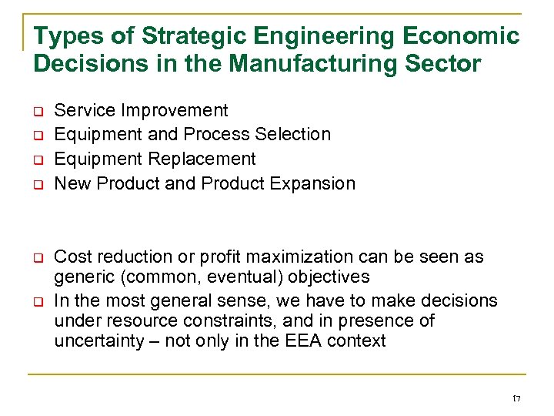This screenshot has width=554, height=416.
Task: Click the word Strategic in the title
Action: (182, 36)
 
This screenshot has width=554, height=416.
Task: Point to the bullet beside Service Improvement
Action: (37, 112)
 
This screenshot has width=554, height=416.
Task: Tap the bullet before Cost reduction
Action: (37, 258)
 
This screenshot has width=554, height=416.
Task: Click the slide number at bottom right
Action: (516, 398)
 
